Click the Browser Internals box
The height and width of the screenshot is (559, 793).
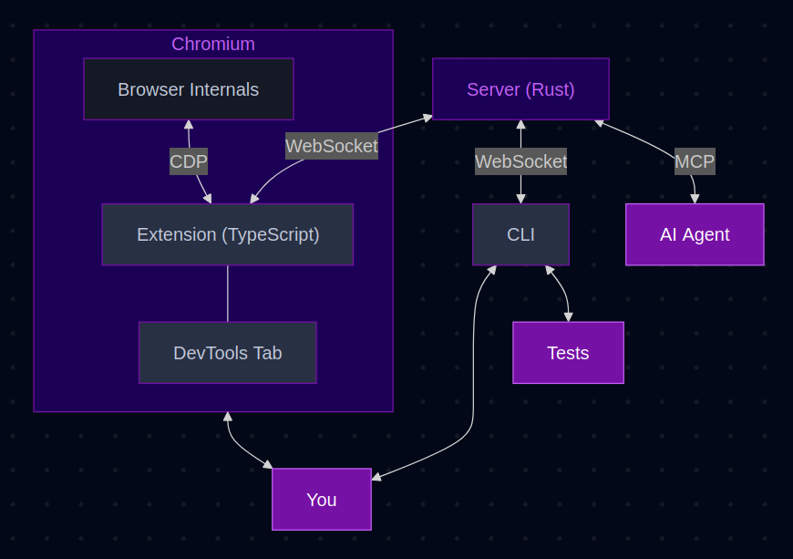pos(189,89)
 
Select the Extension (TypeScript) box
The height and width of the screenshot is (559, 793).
pos(228,234)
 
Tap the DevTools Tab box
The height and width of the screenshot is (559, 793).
pos(228,353)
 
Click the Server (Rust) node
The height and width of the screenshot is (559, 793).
pos(520,89)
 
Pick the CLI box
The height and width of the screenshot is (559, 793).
pos(520,234)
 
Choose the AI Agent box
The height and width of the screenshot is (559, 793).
pos(695,234)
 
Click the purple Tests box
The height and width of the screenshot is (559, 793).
pos(568,353)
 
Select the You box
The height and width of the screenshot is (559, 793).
pos(322,500)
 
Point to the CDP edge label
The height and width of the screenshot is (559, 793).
pos(189,162)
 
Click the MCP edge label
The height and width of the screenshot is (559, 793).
pos(695,161)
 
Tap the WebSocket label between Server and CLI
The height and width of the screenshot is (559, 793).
pos(520,161)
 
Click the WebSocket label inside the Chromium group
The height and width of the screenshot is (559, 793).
pos(332,146)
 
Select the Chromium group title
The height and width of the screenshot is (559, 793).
pos(213,44)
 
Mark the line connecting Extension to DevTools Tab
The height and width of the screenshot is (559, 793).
pos(228,294)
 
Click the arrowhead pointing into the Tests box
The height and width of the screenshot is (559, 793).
pos(569,317)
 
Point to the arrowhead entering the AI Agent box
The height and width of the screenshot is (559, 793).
pos(695,199)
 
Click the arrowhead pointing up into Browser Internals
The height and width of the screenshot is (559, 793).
pos(188,124)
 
